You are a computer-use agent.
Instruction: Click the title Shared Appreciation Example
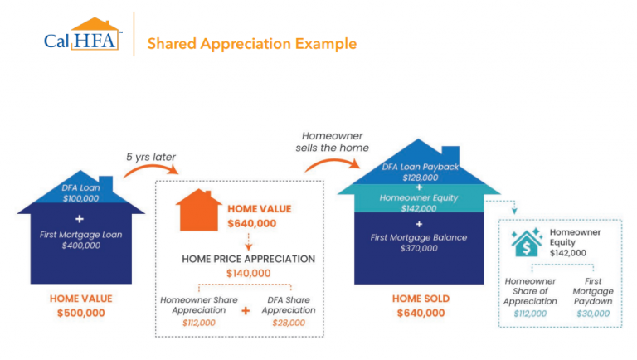coord(251,43)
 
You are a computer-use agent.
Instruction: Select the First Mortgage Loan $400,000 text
coord(80,240)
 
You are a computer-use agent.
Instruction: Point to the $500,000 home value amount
coord(80,313)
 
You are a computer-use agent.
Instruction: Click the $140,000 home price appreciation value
coord(249,273)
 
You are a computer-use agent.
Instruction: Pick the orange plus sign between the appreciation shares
coord(246,311)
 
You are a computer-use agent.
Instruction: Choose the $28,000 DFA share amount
coord(289,322)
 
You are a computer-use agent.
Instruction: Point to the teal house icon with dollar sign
coord(527,241)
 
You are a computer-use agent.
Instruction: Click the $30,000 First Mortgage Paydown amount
coord(592,314)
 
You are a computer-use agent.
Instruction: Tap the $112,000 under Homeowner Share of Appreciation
coord(530,314)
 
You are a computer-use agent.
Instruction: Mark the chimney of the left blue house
coord(105,182)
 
